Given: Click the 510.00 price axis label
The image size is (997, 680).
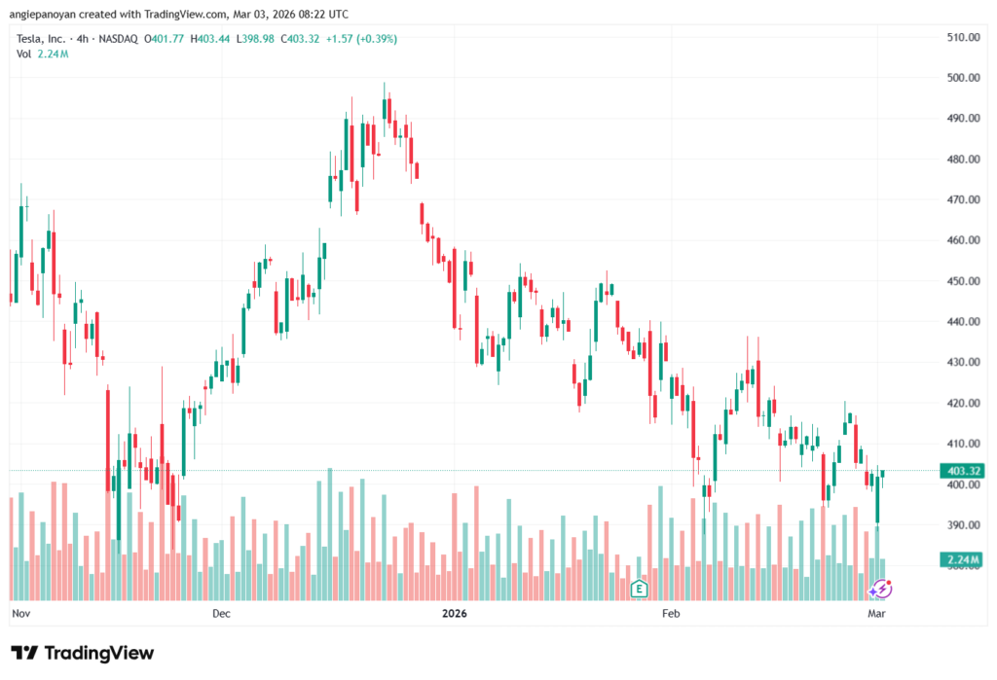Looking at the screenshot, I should click(961, 37).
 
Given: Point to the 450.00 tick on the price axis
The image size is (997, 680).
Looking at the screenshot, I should click(961, 281).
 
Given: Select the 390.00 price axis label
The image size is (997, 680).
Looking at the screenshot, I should click(961, 525).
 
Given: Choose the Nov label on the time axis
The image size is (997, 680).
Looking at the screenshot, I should click(19, 614).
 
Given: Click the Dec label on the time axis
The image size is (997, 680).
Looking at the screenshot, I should click(221, 614).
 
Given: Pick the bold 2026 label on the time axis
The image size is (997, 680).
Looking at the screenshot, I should click(454, 614).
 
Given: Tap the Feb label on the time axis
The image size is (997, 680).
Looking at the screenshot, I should click(670, 614).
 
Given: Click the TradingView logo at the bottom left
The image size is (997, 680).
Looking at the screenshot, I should click(82, 653).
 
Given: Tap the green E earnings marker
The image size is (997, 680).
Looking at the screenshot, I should click(639, 588).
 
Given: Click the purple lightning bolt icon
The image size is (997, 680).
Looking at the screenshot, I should click(880, 588).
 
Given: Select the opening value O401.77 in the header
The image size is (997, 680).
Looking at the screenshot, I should click(165, 39).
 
